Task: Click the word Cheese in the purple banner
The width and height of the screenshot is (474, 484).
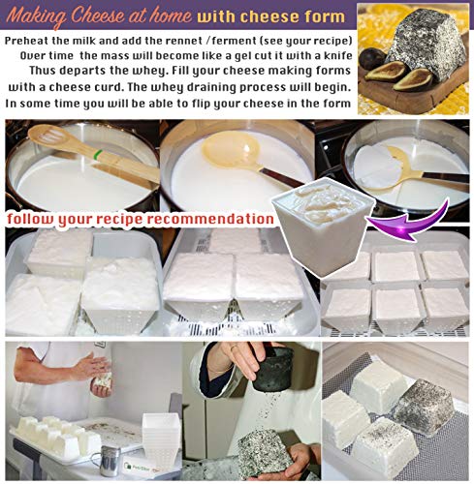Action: tap(99, 15)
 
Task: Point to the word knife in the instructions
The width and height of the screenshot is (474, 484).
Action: tap(338, 55)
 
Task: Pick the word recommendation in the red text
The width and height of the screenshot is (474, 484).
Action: tap(210, 219)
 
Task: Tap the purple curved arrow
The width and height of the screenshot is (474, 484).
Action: tap(410, 222)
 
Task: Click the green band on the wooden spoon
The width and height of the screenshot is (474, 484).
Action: tap(96, 155)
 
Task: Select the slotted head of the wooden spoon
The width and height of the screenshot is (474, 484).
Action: tap(47, 136)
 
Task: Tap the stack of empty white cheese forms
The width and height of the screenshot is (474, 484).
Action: tap(161, 439)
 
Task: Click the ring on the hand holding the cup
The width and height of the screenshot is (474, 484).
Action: tap(234, 348)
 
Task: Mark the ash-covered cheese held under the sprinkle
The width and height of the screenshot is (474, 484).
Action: tap(264, 452)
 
